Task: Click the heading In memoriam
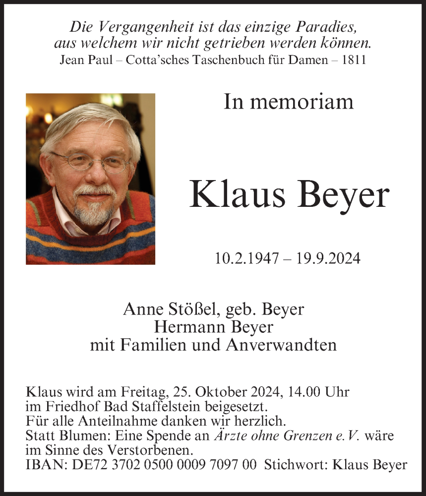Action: [x=289, y=102]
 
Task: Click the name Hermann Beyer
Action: [x=213, y=327]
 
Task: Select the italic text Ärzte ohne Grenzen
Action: [x=273, y=436]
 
